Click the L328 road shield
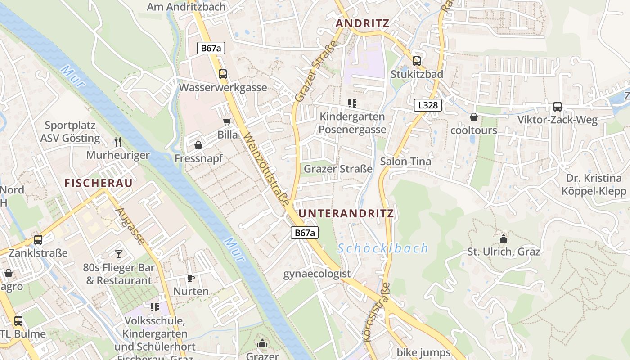428,105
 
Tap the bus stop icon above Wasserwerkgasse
222,74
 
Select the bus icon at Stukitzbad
417,61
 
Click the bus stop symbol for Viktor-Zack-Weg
557,107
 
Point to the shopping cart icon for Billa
227,122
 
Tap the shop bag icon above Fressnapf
198,145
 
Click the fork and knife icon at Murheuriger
118,142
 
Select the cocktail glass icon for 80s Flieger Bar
118,254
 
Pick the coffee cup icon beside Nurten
191,278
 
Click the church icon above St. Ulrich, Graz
503,238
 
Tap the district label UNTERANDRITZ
346,213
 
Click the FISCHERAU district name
99,183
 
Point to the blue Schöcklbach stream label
383,248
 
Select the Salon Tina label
405,161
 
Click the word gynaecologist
317,274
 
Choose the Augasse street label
130,226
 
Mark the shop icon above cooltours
473,117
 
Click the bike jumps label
423,352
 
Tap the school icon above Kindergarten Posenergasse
352,104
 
